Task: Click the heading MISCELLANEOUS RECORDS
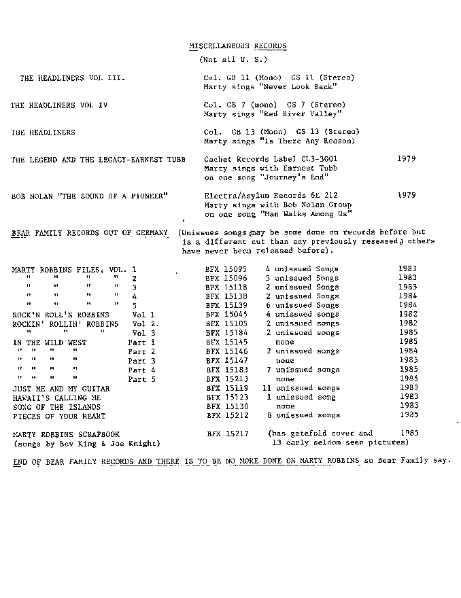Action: [237, 46]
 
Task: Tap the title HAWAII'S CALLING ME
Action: [57, 398]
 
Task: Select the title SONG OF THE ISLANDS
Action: [56, 406]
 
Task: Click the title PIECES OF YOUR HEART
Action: [59, 415]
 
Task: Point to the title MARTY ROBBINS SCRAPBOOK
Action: [67, 434]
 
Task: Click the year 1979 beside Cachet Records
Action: [406, 158]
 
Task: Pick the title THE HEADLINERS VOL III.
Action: [72, 78]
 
